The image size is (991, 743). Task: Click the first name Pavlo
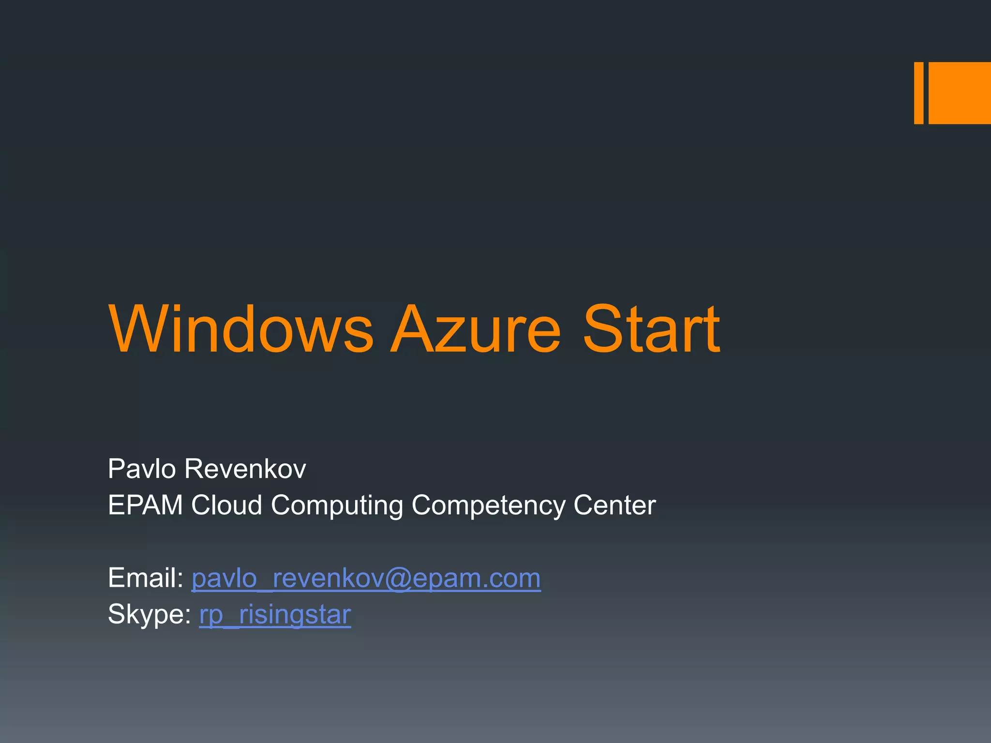click(142, 469)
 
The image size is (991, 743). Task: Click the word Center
click(615, 505)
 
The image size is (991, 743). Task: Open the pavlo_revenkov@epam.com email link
click(366, 579)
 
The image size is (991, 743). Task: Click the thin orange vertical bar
click(918, 93)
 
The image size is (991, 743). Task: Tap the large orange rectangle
click(960, 93)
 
